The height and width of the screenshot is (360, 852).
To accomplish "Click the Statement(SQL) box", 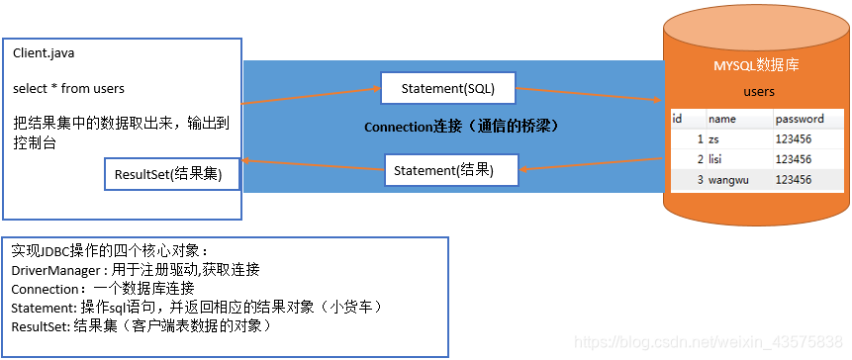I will click(x=448, y=88).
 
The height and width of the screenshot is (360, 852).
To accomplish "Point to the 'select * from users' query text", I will click(x=68, y=88).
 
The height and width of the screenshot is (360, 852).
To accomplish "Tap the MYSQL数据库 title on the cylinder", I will click(x=756, y=65).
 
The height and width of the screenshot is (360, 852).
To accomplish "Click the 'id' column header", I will click(x=678, y=119).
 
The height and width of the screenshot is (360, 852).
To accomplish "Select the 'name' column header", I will click(x=721, y=119).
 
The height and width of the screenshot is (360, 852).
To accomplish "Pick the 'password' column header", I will click(x=800, y=119).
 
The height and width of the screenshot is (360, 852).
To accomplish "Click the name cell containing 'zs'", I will click(x=714, y=139).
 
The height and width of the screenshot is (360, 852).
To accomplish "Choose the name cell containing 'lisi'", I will click(x=718, y=159).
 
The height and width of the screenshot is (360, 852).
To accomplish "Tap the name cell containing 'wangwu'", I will click(x=728, y=180).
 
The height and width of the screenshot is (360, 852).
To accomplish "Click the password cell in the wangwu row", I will click(x=794, y=180).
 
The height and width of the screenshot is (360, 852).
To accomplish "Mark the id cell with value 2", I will click(x=700, y=159).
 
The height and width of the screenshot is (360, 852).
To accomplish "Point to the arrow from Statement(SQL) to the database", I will click(x=590, y=93).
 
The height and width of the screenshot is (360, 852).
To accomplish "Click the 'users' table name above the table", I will click(x=758, y=92).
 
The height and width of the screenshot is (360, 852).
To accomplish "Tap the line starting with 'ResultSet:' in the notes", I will click(x=141, y=325).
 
